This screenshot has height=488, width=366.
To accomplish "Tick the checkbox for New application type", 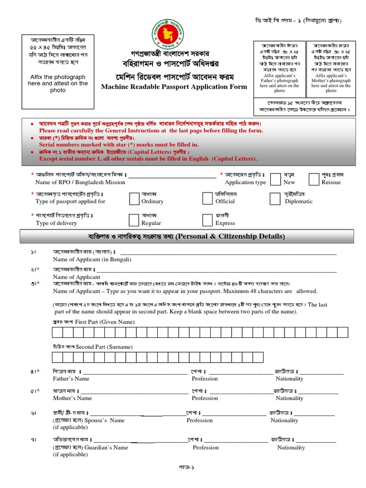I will (275, 179).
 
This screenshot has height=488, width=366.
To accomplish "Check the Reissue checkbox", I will (314, 179).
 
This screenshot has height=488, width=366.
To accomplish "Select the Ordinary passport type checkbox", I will (134, 198).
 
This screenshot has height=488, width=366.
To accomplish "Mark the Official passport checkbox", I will (207, 198).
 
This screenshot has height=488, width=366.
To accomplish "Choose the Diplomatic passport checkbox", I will (275, 198).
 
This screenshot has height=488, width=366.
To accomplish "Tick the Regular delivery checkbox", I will (134, 219).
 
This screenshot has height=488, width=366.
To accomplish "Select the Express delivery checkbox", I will (207, 219).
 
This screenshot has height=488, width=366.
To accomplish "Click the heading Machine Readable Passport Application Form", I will (174, 87).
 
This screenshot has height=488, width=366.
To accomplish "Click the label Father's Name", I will (71, 379).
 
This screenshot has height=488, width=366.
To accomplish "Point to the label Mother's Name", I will (72, 398).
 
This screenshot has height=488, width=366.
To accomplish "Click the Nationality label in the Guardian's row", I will (291, 447).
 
